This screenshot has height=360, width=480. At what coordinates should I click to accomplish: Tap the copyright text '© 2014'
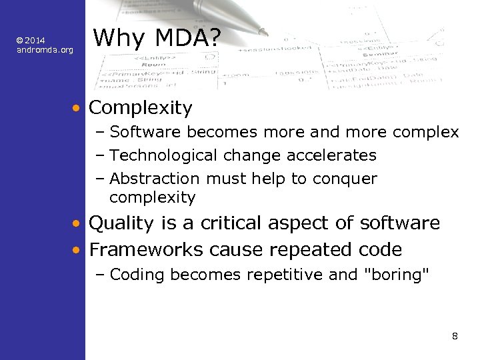click(x=31, y=41)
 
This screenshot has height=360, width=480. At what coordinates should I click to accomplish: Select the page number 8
click(x=455, y=335)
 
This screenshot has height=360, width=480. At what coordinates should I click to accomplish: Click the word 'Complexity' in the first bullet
click(x=140, y=107)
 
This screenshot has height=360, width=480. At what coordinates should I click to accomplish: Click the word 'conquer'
click(x=351, y=179)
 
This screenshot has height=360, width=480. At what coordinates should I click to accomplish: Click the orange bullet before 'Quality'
click(x=78, y=223)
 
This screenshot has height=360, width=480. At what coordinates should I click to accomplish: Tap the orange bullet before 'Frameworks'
click(x=78, y=251)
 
